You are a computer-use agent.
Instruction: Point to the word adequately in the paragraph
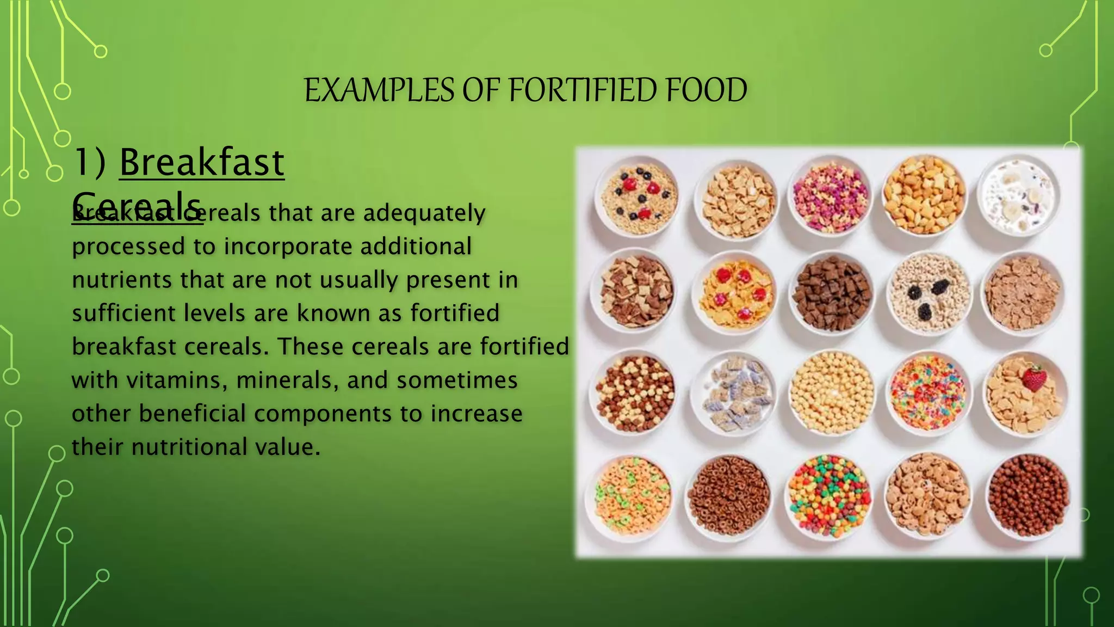pyautogui.click(x=424, y=213)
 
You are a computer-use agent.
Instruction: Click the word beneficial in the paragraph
pyautogui.click(x=193, y=414)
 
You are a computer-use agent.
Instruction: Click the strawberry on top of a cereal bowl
pyautogui.click(x=1033, y=378)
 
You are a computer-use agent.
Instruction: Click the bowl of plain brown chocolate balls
pyautogui.click(x=1028, y=496)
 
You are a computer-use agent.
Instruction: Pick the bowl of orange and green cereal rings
pyautogui.click(x=632, y=496)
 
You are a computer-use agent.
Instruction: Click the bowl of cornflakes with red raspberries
pyautogui.click(x=735, y=294)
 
